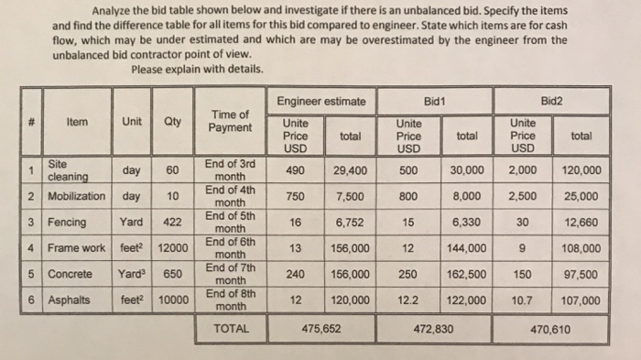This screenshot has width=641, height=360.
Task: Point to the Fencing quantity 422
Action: click(172, 222)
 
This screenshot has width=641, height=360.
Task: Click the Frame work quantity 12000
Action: click(172, 248)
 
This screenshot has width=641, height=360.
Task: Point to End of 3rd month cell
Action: click(231, 170)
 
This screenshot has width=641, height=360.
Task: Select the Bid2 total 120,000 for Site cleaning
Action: click(580, 170)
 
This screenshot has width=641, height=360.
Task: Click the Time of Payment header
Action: click(231, 121)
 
